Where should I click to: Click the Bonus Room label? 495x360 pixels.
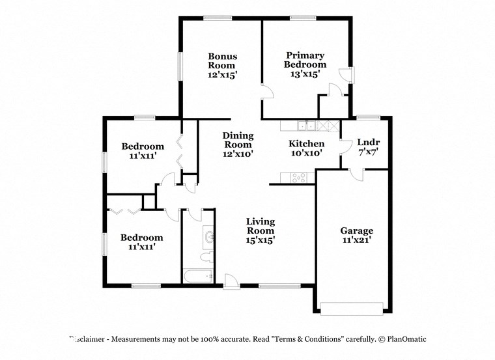pos(222,61)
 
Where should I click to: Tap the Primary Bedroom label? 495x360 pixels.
pos(305,61)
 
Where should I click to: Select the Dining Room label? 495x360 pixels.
pos(238,140)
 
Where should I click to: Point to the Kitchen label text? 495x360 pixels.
pos(306,144)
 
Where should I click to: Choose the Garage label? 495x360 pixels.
pos(356,231)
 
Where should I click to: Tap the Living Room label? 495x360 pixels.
pos(260,227)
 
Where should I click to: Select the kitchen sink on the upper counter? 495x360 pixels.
pos(305,125)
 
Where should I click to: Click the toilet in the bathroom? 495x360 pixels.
pos(206,259)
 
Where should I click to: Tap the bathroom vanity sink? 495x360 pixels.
pos(208,236)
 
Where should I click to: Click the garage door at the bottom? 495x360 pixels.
pos(352,308)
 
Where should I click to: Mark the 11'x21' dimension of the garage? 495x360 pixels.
pos(356,240)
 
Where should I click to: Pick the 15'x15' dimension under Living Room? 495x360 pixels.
pos(260,240)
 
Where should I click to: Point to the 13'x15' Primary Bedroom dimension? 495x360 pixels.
pos(305,74)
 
